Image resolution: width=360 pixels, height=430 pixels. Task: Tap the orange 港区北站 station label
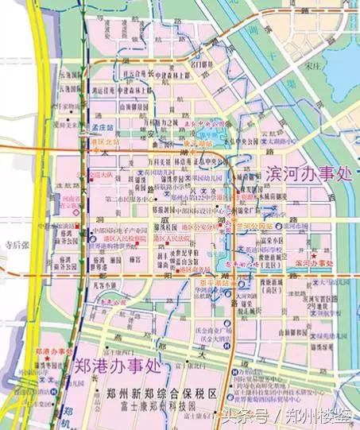tap(104, 141)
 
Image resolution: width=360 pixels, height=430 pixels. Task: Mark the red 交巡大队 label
tap(103, 170)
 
